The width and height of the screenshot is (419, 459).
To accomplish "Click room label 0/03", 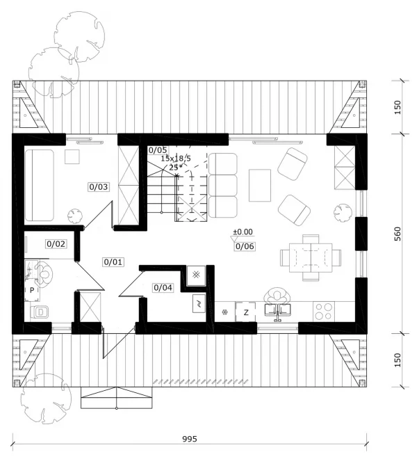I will (x=99, y=186).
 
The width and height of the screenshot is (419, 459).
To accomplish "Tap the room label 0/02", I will (x=56, y=244).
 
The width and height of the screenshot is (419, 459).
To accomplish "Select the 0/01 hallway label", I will (x=113, y=262).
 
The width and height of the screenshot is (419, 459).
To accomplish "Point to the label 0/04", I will (x=163, y=287).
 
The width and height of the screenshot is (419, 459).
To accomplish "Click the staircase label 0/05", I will (x=158, y=150).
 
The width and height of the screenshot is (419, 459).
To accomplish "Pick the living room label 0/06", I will (x=244, y=245).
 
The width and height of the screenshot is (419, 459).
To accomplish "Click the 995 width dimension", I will (x=190, y=439).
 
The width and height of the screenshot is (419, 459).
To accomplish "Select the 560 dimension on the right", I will (x=397, y=235).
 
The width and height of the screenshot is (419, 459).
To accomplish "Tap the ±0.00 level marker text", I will (x=243, y=232).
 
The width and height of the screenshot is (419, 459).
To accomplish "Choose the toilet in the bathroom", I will (x=40, y=312).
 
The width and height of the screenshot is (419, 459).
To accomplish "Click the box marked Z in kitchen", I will (x=246, y=312).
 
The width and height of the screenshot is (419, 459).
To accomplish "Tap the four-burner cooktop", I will (x=324, y=310).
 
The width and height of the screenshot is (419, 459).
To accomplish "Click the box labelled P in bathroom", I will (x=31, y=289).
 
